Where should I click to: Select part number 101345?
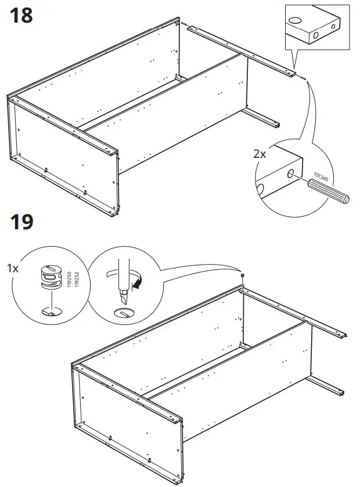(321, 176)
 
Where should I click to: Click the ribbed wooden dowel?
(329, 192)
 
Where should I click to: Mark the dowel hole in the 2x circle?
(289, 173)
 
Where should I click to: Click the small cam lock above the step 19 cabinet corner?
(242, 275)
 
